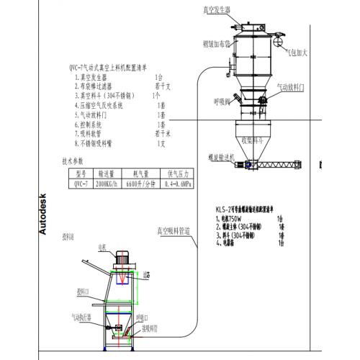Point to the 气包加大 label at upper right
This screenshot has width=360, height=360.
[x=297, y=53]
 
